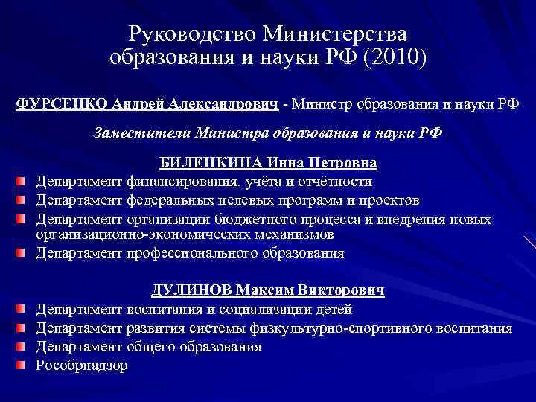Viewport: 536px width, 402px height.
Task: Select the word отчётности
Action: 334,182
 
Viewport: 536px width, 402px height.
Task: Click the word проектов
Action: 390,200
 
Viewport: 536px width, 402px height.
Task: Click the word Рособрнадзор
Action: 83,366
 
